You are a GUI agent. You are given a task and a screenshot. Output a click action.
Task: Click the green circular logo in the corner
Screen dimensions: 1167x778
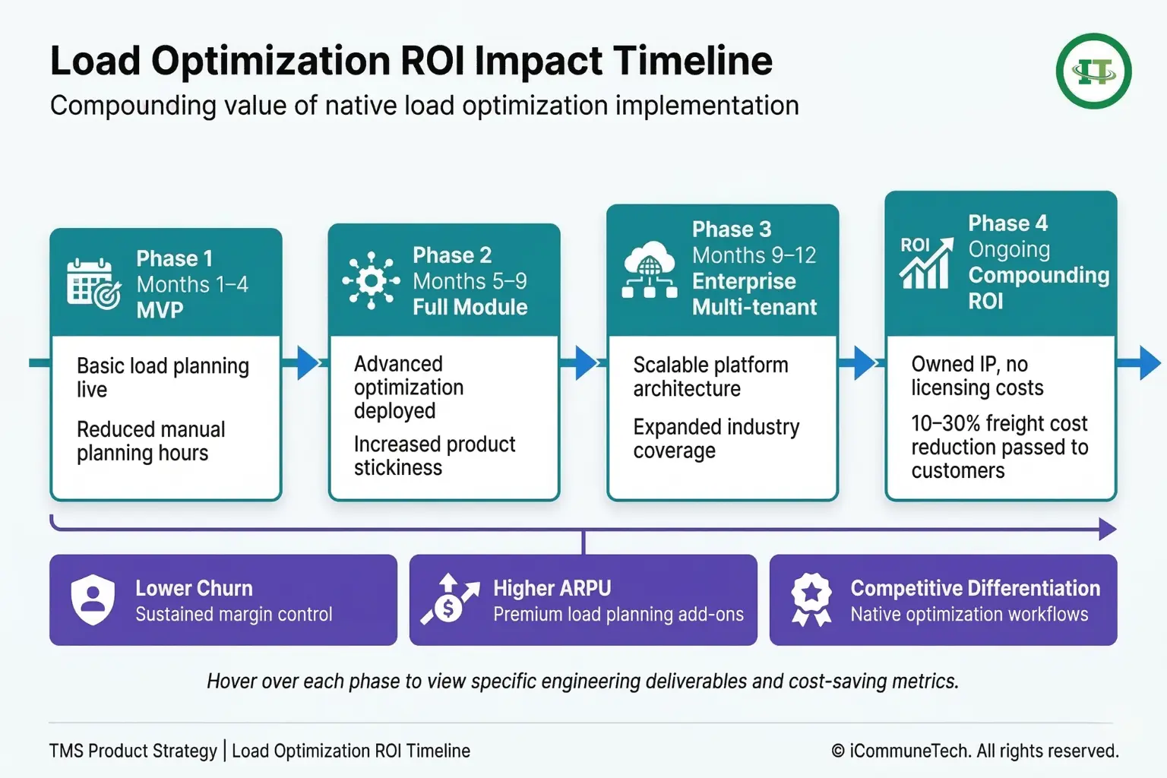tap(1093, 71)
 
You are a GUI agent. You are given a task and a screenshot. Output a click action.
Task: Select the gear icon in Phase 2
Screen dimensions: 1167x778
tap(371, 281)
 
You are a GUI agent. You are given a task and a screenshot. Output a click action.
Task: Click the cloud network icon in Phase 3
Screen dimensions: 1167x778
tap(649, 270)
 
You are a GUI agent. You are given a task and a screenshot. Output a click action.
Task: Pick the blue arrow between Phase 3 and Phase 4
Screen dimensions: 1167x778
tap(865, 362)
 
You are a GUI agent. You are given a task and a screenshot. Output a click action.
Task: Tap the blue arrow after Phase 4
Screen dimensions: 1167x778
tap(1150, 362)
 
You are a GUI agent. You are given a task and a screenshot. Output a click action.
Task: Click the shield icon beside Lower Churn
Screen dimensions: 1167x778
tap(93, 599)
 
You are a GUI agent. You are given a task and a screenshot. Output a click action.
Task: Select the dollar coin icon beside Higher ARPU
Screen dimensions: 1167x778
tap(450, 599)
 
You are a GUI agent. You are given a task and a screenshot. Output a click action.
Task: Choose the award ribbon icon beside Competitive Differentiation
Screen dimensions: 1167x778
tap(811, 599)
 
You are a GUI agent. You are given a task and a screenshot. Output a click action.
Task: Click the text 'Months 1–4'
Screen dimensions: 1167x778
tap(192, 284)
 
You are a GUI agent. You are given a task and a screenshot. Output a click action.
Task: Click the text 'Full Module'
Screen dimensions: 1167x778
tap(470, 307)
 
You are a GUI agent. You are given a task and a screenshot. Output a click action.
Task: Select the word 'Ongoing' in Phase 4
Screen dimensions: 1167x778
tap(1009, 250)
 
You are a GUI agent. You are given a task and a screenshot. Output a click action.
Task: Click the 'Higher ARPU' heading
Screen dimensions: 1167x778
tap(552, 588)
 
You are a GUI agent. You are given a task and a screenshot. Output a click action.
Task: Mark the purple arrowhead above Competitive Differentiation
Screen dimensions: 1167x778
tap(1108, 529)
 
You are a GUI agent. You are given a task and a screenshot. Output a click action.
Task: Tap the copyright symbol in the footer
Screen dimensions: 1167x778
tap(838, 751)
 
